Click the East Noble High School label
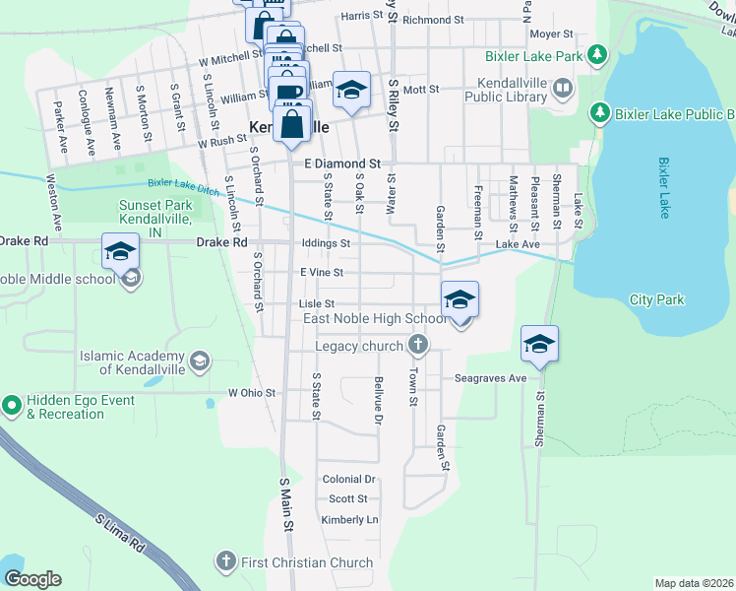(375, 319)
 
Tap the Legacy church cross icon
(418, 345)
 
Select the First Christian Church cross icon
(226, 562)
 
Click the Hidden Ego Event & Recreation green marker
(12, 404)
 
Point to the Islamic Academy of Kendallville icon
(200, 361)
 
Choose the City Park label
(656, 299)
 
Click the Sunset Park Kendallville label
(154, 212)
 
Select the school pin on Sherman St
(539, 344)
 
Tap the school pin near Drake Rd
(120, 252)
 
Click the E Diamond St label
(341, 164)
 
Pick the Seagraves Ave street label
(491, 378)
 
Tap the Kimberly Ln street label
(349, 519)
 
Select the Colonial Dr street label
(349, 479)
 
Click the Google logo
(32, 579)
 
